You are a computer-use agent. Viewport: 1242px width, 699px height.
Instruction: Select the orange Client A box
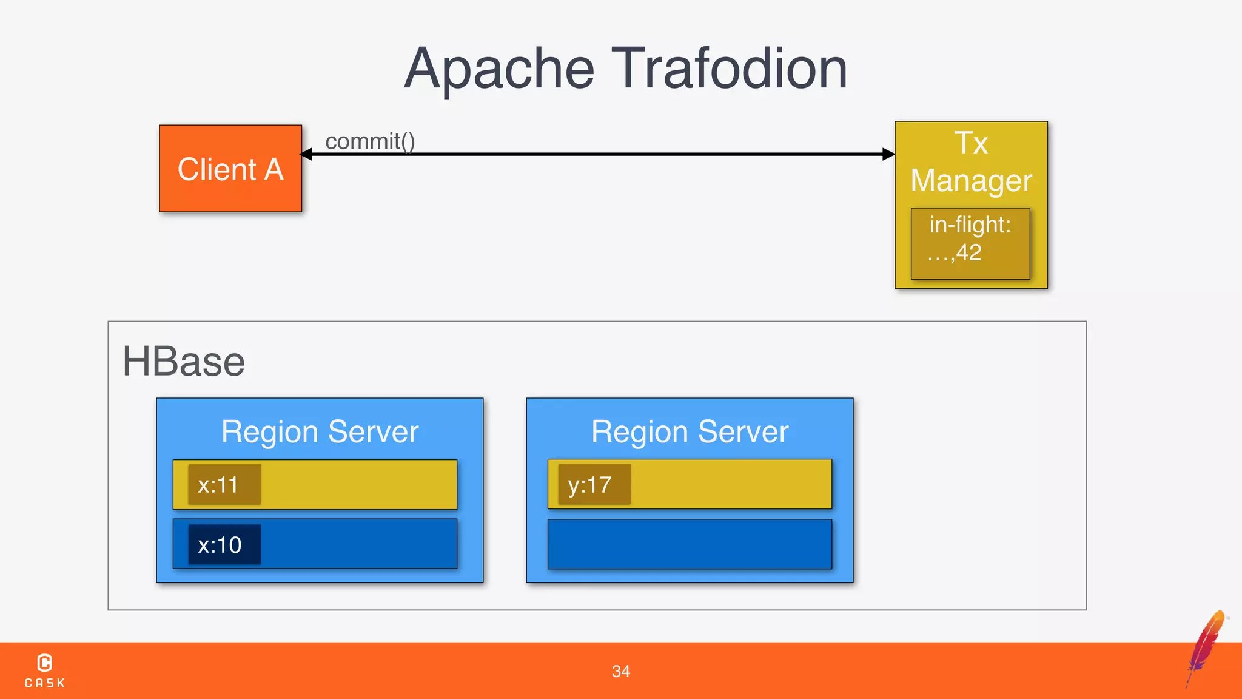pyautogui.click(x=230, y=169)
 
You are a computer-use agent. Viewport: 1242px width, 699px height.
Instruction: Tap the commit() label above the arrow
pyautogui.click(x=370, y=141)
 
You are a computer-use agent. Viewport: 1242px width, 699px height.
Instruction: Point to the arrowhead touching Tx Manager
pyautogui.click(x=888, y=154)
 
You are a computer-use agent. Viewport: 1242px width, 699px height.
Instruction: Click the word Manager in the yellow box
pyautogui.click(x=971, y=181)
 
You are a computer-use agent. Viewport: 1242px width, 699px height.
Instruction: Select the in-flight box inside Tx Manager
pyautogui.click(x=970, y=243)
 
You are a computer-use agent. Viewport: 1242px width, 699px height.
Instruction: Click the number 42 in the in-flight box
pyautogui.click(x=968, y=252)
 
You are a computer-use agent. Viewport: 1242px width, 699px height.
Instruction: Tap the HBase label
pyautogui.click(x=183, y=362)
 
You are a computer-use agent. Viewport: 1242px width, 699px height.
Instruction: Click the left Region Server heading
pyautogui.click(x=320, y=431)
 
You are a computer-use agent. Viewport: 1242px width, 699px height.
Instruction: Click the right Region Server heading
pyautogui.click(x=690, y=431)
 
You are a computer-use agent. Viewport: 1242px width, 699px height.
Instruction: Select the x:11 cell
pyautogui.click(x=224, y=485)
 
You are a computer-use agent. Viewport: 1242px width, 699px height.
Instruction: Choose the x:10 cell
pyautogui.click(x=224, y=545)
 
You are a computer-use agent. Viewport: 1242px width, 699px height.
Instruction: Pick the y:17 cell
pyautogui.click(x=594, y=485)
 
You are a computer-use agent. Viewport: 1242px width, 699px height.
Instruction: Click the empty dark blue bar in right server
pyautogui.click(x=690, y=544)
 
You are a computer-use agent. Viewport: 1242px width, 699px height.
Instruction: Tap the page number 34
pyautogui.click(x=620, y=671)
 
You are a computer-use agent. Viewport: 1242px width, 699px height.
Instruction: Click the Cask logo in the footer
pyautogui.click(x=45, y=670)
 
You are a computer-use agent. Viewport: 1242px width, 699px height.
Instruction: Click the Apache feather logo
pyautogui.click(x=1206, y=647)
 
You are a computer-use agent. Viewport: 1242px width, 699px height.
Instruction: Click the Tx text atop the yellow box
pyautogui.click(x=971, y=143)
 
